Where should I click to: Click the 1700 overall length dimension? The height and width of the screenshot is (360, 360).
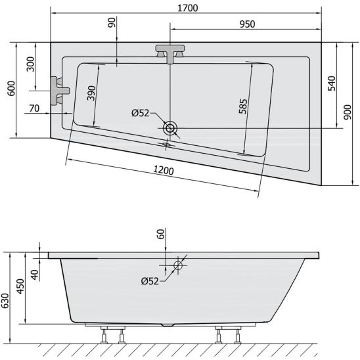[188, 8]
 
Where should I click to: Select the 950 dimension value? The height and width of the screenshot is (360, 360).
[247, 24]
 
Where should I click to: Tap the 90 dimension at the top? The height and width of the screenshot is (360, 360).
[112, 22]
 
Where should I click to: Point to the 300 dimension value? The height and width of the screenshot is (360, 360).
[30, 64]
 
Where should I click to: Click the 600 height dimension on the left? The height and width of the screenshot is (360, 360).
[11, 88]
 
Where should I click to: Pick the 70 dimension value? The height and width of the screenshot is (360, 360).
[34, 108]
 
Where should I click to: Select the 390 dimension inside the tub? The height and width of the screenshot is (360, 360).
[91, 93]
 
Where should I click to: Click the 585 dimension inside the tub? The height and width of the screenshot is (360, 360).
[243, 106]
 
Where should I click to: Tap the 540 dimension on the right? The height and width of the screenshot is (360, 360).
[332, 83]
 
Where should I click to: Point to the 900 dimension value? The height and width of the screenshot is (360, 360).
[348, 112]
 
